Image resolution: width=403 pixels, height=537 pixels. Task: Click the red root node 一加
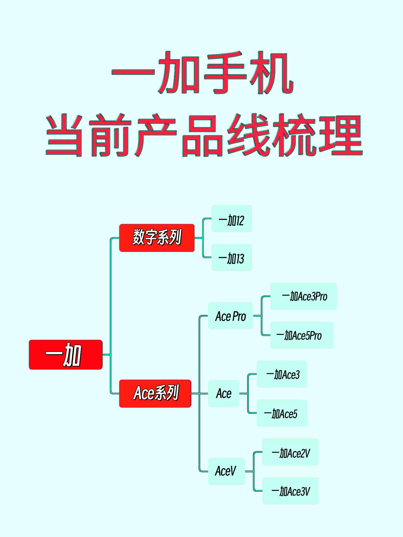click(x=65, y=355)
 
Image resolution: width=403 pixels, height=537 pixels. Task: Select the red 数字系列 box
click(x=157, y=238)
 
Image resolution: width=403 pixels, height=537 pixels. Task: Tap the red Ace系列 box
click(x=155, y=393)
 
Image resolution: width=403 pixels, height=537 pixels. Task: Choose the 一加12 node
click(x=232, y=218)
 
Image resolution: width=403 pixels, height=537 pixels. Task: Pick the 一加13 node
click(x=232, y=257)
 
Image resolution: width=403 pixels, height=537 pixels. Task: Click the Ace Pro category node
click(x=230, y=316)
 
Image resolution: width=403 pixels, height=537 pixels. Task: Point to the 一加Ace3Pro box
click(x=304, y=296)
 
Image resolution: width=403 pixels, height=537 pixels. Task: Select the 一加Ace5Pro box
click(x=302, y=335)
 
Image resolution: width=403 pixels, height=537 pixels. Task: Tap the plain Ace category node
click(x=224, y=394)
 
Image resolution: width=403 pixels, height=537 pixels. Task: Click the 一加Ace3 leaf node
click(x=282, y=374)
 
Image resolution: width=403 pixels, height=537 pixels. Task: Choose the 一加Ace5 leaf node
click(x=282, y=413)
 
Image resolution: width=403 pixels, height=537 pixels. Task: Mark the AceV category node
click(x=226, y=471)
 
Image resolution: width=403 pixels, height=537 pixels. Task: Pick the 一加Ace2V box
click(x=290, y=452)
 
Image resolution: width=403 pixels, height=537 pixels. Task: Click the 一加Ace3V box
click(x=290, y=491)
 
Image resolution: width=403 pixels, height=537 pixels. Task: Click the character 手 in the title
click(x=225, y=73)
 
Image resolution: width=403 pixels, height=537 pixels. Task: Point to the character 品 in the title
click(x=202, y=135)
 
